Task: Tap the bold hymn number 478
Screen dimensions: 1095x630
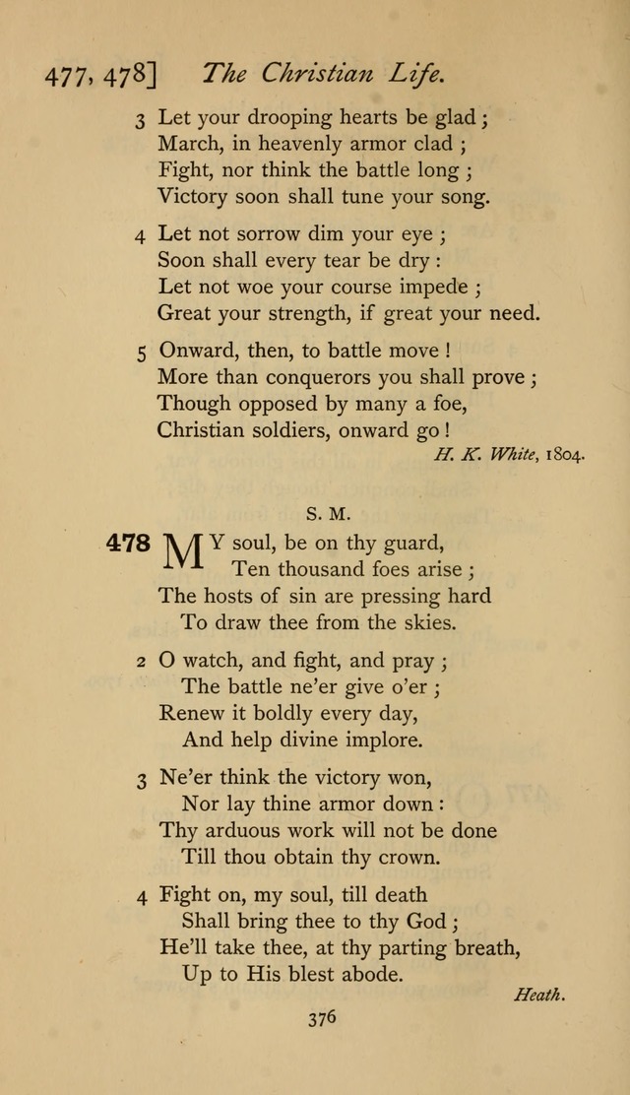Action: click(128, 544)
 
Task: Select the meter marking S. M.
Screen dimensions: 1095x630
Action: click(321, 512)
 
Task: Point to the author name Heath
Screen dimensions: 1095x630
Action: click(539, 995)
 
